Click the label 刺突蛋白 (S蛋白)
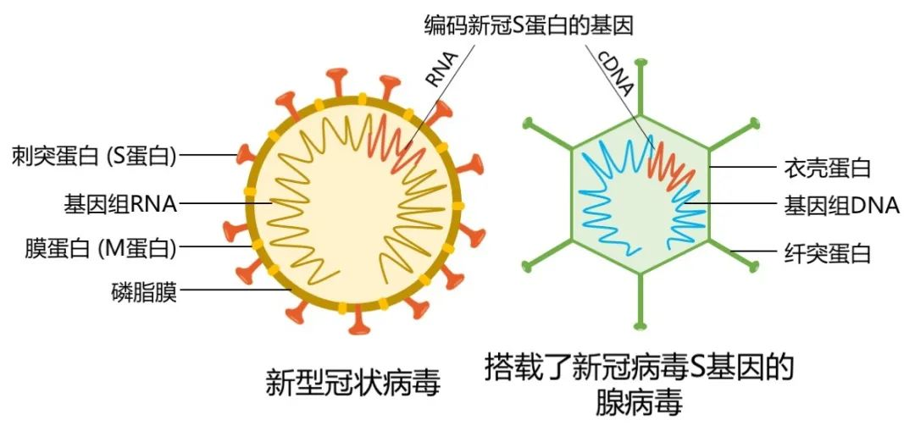(94, 156)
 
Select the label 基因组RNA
(120, 204)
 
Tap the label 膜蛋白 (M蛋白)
(100, 248)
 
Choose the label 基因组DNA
(841, 205)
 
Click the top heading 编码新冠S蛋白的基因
(529, 26)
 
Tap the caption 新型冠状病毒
(352, 384)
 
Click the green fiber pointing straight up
(640, 87)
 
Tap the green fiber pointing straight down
(640, 301)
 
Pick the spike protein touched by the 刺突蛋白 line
(246, 155)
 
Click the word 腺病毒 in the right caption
(639, 404)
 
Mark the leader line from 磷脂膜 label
(235, 290)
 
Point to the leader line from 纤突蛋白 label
(754, 251)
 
